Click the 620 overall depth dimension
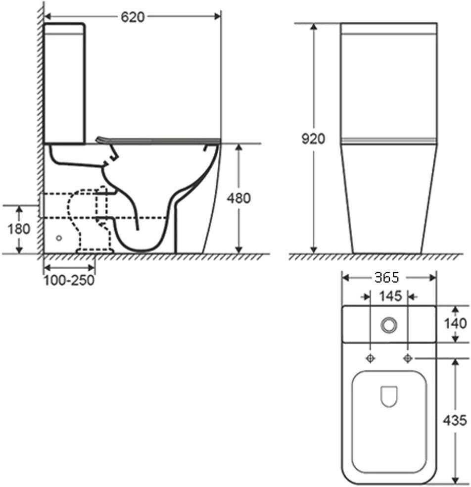point(133,17)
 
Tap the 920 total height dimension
point(313,139)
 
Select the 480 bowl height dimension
point(238,198)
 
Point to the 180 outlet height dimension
point(19,229)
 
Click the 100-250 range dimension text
point(69,280)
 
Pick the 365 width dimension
point(387,277)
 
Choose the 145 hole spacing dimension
point(390,296)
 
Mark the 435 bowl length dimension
point(455,420)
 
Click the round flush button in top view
point(389,325)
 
